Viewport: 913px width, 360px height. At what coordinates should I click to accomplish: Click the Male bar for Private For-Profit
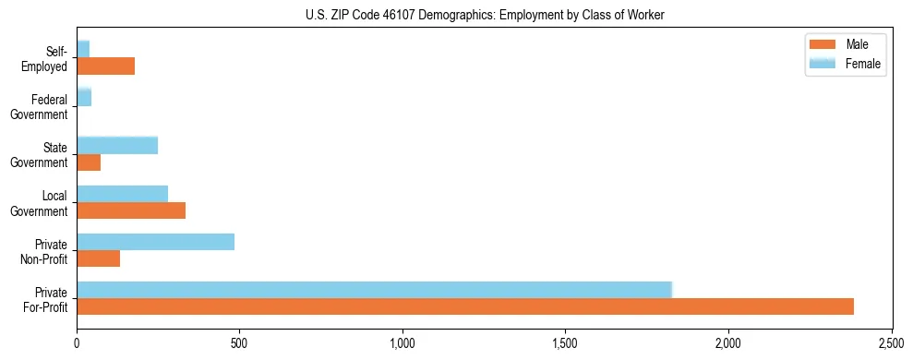465,306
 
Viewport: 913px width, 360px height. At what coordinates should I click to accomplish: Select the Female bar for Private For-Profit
420,290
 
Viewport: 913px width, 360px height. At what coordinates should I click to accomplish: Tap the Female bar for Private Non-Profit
155,242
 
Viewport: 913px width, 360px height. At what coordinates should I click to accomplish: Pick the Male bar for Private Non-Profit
99,258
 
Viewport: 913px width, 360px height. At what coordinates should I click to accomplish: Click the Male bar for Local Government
131,210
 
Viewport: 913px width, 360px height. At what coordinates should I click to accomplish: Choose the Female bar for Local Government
123,194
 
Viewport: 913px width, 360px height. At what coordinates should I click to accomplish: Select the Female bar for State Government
117,145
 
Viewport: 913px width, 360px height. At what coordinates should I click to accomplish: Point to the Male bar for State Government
89,162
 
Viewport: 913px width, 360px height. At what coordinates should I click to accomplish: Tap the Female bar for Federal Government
84,97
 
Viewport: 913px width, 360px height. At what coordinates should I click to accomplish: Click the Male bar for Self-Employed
106,66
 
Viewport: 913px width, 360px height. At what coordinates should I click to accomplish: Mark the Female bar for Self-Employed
83,49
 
